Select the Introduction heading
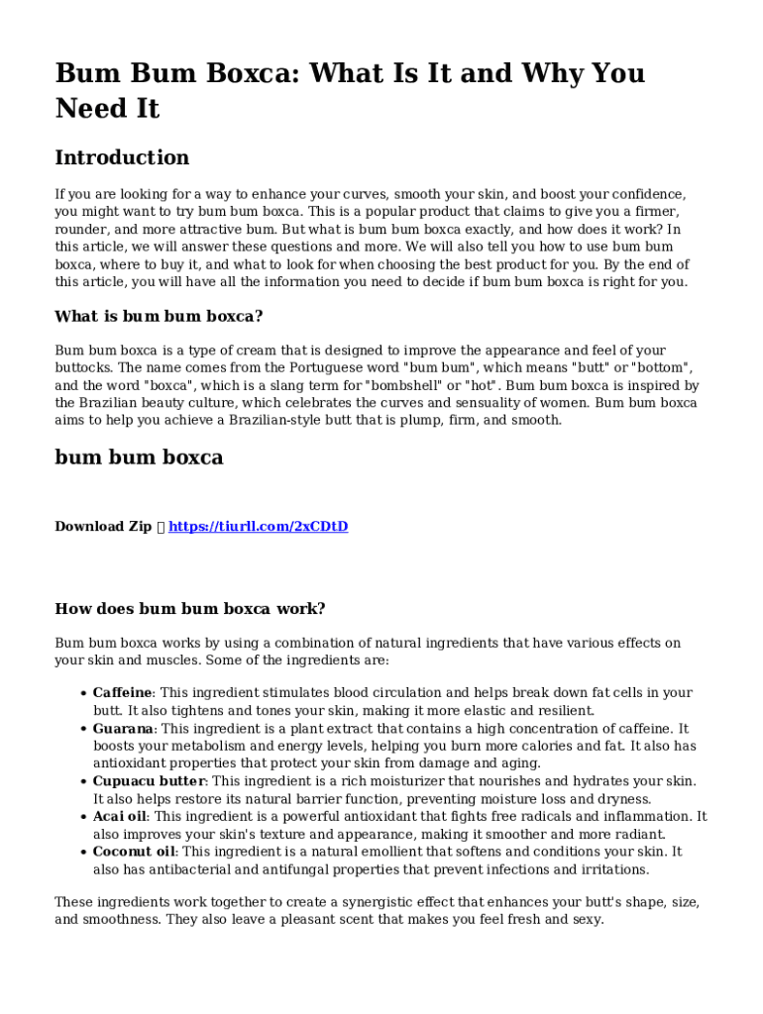pyautogui.click(x=122, y=157)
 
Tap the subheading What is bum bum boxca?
pyautogui.click(x=159, y=317)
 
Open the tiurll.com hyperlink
pyautogui.click(x=258, y=526)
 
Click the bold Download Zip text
pyautogui.click(x=103, y=526)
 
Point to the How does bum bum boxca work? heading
pyautogui.click(x=189, y=609)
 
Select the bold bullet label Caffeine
pyautogui.click(x=123, y=693)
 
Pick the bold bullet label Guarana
pyautogui.click(x=123, y=728)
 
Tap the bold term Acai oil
pyautogui.click(x=120, y=816)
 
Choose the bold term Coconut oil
pyautogui.click(x=134, y=852)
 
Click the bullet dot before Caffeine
pyautogui.click(x=82, y=693)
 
